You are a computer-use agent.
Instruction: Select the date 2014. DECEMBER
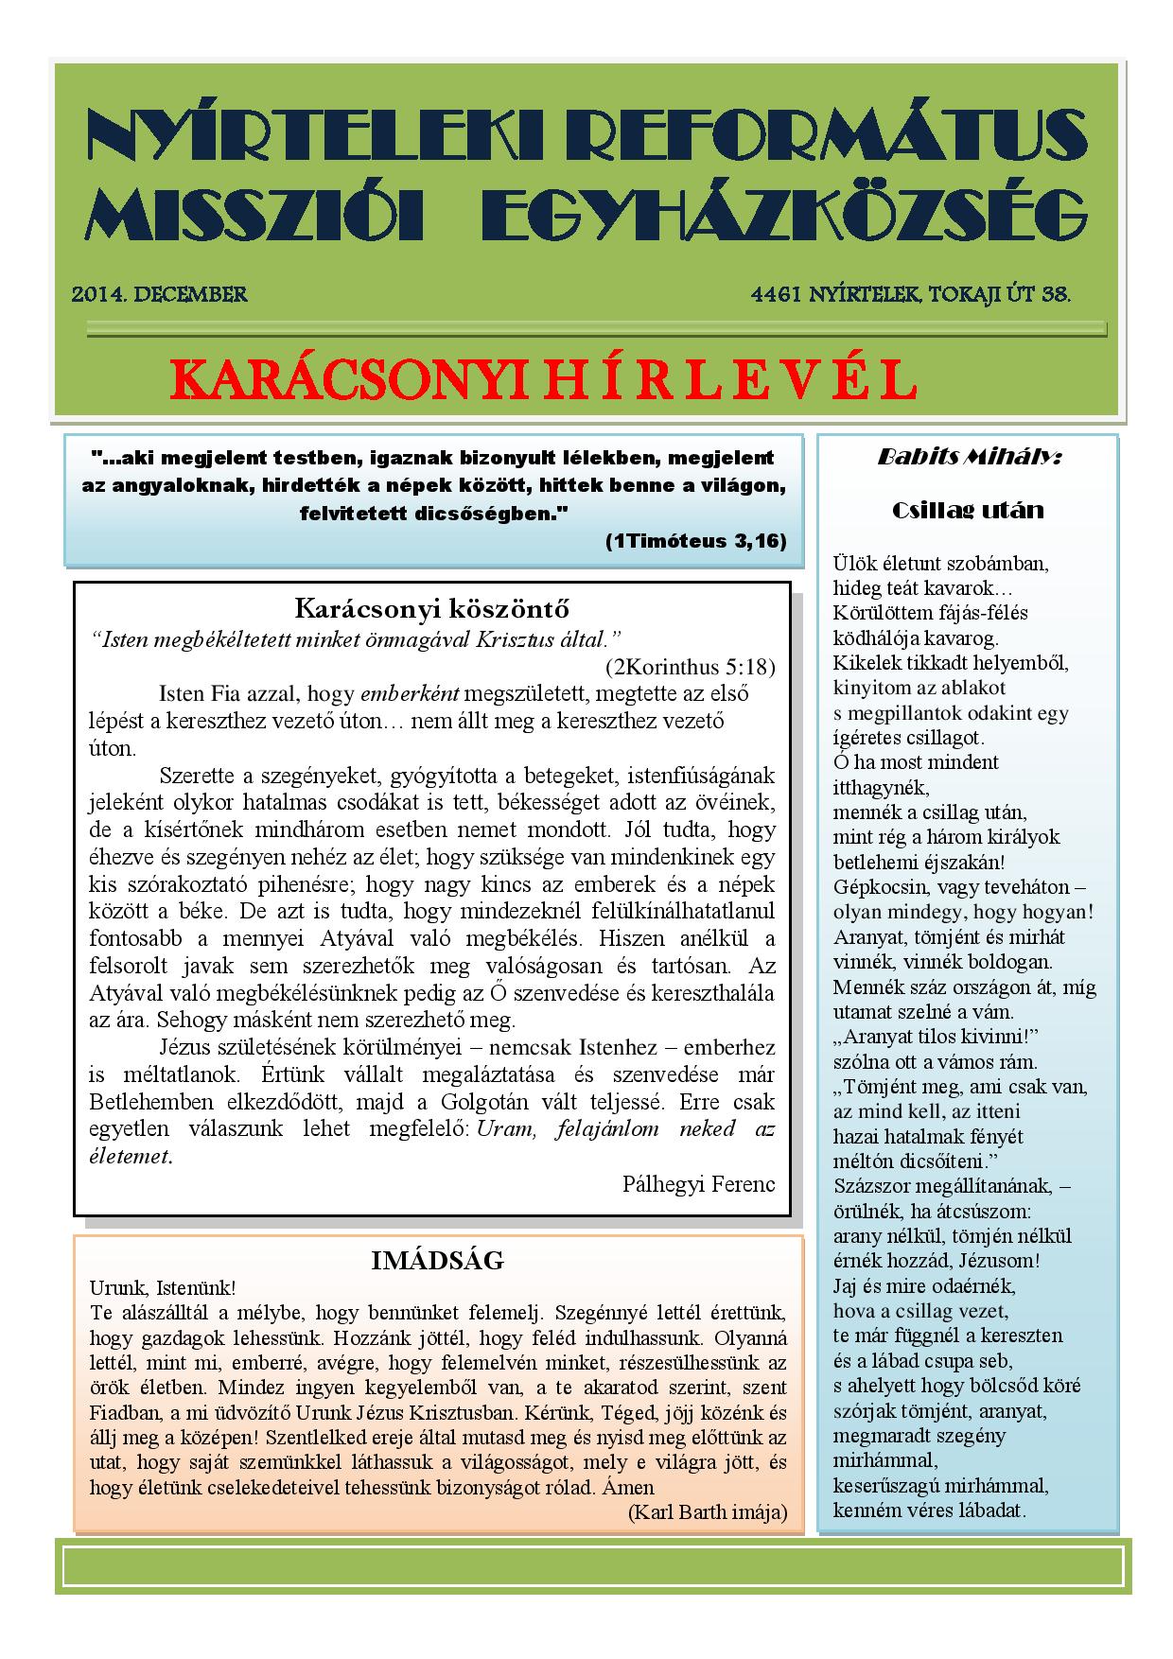pos(160,294)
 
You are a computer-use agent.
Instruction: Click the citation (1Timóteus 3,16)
pos(695,541)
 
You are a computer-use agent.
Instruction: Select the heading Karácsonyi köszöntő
pos(431,608)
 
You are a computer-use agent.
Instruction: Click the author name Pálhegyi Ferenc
pos(699,1183)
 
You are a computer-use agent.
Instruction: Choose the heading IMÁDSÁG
pos(437,1261)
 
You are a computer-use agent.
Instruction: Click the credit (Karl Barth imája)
pos(707,1511)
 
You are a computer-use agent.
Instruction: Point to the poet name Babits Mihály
pos(969,458)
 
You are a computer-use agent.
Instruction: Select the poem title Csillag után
pos(968,511)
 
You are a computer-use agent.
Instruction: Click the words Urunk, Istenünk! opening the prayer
pos(162,1287)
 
